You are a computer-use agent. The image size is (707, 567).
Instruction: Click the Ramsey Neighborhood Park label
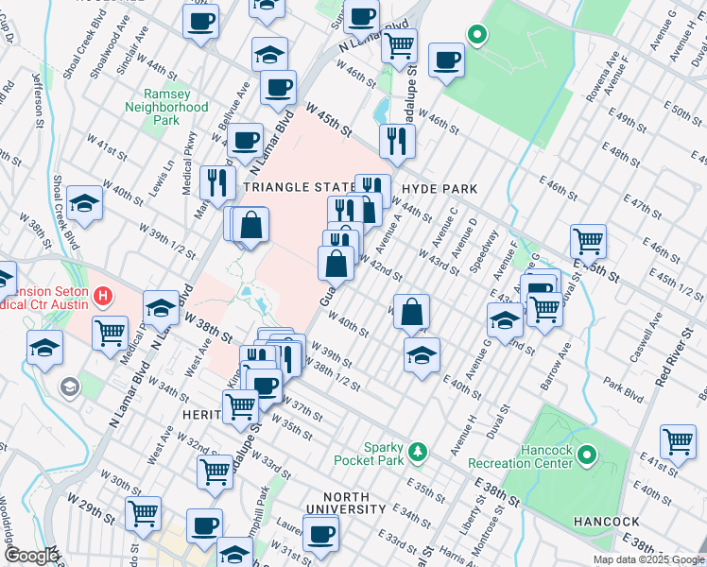(x=166, y=108)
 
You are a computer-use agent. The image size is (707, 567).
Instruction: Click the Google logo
(x=30, y=557)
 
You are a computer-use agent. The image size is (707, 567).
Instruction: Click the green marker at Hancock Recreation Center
(x=586, y=456)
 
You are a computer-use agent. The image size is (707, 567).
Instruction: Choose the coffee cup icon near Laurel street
(x=321, y=532)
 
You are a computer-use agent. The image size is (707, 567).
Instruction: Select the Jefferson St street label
(x=40, y=99)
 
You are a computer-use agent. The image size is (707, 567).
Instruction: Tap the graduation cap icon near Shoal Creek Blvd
(x=84, y=202)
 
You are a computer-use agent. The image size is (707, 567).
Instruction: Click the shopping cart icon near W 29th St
(x=144, y=513)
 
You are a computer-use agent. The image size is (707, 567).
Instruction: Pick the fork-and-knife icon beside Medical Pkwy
(x=218, y=181)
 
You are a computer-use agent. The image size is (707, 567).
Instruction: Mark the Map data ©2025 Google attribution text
(x=647, y=559)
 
